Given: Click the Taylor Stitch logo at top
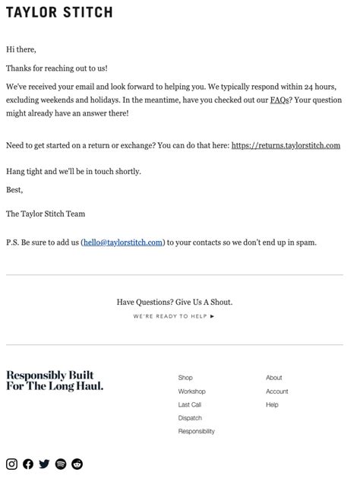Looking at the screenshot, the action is point(59,12).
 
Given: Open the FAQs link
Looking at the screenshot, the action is point(279,100).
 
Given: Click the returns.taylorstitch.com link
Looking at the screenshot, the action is point(286,145).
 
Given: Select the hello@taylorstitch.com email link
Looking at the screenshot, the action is point(123,242).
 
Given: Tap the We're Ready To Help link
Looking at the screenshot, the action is point(174,316).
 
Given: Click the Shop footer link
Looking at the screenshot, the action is point(185,378).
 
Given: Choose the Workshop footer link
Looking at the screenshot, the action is point(191,391).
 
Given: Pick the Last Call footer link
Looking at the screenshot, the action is point(190,405).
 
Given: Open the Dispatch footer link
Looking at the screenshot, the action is point(190,418).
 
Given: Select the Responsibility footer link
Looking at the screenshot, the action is point(196,432).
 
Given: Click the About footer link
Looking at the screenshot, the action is point(273,378).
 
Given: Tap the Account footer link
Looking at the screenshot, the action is point(276,391).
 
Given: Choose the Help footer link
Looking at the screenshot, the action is point(272,405).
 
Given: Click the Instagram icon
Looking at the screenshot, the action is point(11,464).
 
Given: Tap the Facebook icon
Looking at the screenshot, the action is point(28,464).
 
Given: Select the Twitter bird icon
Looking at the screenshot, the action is point(44,464).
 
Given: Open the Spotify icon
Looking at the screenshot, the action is point(61,464).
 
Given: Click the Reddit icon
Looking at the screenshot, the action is point(77,464).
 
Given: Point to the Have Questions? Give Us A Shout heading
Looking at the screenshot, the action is point(174,303).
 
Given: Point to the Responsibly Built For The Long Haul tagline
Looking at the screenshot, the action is point(55,381).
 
